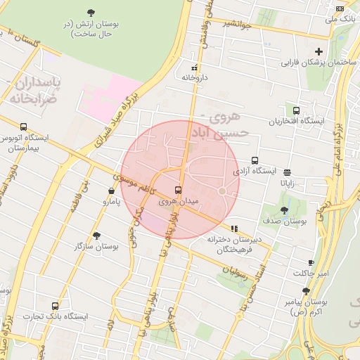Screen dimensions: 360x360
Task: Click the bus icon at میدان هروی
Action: [177, 190]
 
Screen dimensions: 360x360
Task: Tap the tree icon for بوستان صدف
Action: [284, 210]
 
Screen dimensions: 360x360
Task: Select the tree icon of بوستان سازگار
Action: [96, 236]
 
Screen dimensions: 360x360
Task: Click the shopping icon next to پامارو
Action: [111, 191]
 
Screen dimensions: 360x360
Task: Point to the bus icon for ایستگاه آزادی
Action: [255, 160]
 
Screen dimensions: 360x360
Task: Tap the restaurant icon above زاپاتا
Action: [288, 171]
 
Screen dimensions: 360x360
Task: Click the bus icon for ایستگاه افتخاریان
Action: [296, 110]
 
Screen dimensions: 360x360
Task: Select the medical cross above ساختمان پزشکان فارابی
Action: [319, 51]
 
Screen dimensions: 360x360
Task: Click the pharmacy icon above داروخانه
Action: [194, 68]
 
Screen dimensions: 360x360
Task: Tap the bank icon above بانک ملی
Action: [340, 8]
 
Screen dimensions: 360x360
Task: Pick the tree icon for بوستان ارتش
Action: [91, 12]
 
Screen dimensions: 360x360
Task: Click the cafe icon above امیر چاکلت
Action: [311, 262]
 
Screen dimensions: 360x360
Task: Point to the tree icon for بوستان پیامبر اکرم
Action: [306, 290]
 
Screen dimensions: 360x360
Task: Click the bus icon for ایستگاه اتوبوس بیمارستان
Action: [24, 127]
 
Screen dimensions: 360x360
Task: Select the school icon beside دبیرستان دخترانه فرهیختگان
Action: [234, 228]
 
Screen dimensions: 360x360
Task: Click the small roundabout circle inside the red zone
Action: [221, 191]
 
